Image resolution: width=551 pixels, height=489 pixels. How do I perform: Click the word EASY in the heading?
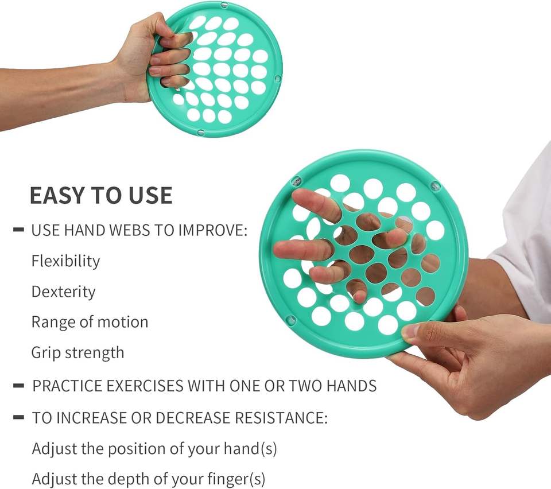point(58,195)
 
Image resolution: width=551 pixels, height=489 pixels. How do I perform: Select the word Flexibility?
point(65,261)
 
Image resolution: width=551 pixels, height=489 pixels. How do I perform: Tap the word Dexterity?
point(63,292)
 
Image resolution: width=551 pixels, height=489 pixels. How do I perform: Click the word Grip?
point(46,353)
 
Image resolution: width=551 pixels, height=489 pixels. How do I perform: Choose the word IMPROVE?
point(212,231)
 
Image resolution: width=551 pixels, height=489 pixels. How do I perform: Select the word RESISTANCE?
point(281,418)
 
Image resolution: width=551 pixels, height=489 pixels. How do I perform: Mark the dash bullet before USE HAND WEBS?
point(18,230)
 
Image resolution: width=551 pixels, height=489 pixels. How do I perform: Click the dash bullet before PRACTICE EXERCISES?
point(18,386)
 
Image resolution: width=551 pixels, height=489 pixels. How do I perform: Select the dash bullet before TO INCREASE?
point(18,417)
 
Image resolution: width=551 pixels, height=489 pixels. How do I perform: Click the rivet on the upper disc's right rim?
point(278,78)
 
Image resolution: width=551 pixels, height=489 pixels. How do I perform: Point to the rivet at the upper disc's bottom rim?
point(201,133)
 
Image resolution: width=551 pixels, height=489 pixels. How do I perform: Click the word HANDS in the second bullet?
point(351,386)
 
